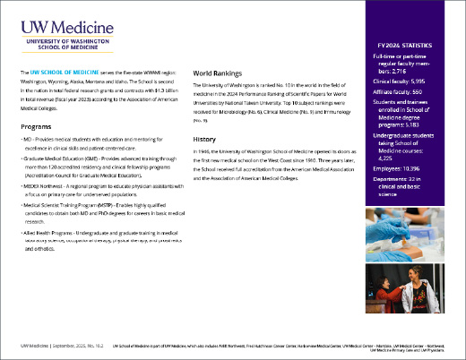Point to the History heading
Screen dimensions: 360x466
tap(205, 141)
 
